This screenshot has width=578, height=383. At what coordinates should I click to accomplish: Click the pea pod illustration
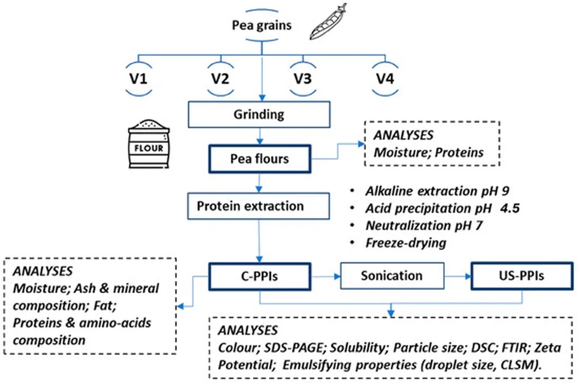[x=328, y=22]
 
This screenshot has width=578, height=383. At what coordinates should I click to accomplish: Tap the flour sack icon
[x=149, y=144]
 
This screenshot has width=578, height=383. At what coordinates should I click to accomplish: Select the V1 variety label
[x=139, y=79]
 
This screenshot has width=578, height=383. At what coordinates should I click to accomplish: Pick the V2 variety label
[x=221, y=79]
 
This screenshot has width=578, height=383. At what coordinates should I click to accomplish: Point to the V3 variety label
[x=303, y=79]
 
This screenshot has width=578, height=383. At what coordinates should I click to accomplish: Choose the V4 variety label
[x=385, y=79]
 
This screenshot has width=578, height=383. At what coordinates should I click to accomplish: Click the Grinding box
[x=259, y=115]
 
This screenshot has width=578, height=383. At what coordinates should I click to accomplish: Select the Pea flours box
[x=260, y=159]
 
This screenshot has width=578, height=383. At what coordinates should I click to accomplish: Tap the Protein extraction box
[x=259, y=206]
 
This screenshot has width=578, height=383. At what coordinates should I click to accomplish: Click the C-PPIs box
[x=260, y=276]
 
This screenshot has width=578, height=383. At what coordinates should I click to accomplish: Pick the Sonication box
[x=392, y=276]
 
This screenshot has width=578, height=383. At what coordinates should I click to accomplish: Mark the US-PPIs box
[x=522, y=276]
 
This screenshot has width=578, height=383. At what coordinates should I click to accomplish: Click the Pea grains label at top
[x=262, y=25]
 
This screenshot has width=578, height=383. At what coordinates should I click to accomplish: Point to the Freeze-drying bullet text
[x=406, y=243]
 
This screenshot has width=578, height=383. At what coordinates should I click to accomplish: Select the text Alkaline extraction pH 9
[x=437, y=191]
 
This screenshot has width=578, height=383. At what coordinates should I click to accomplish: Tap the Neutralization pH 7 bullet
[x=424, y=226]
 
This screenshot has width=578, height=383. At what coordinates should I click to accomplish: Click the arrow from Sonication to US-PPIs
[x=458, y=276]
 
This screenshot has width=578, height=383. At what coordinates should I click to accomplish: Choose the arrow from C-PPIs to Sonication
[x=326, y=276]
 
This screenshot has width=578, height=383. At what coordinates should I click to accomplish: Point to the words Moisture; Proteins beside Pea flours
[x=429, y=152]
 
